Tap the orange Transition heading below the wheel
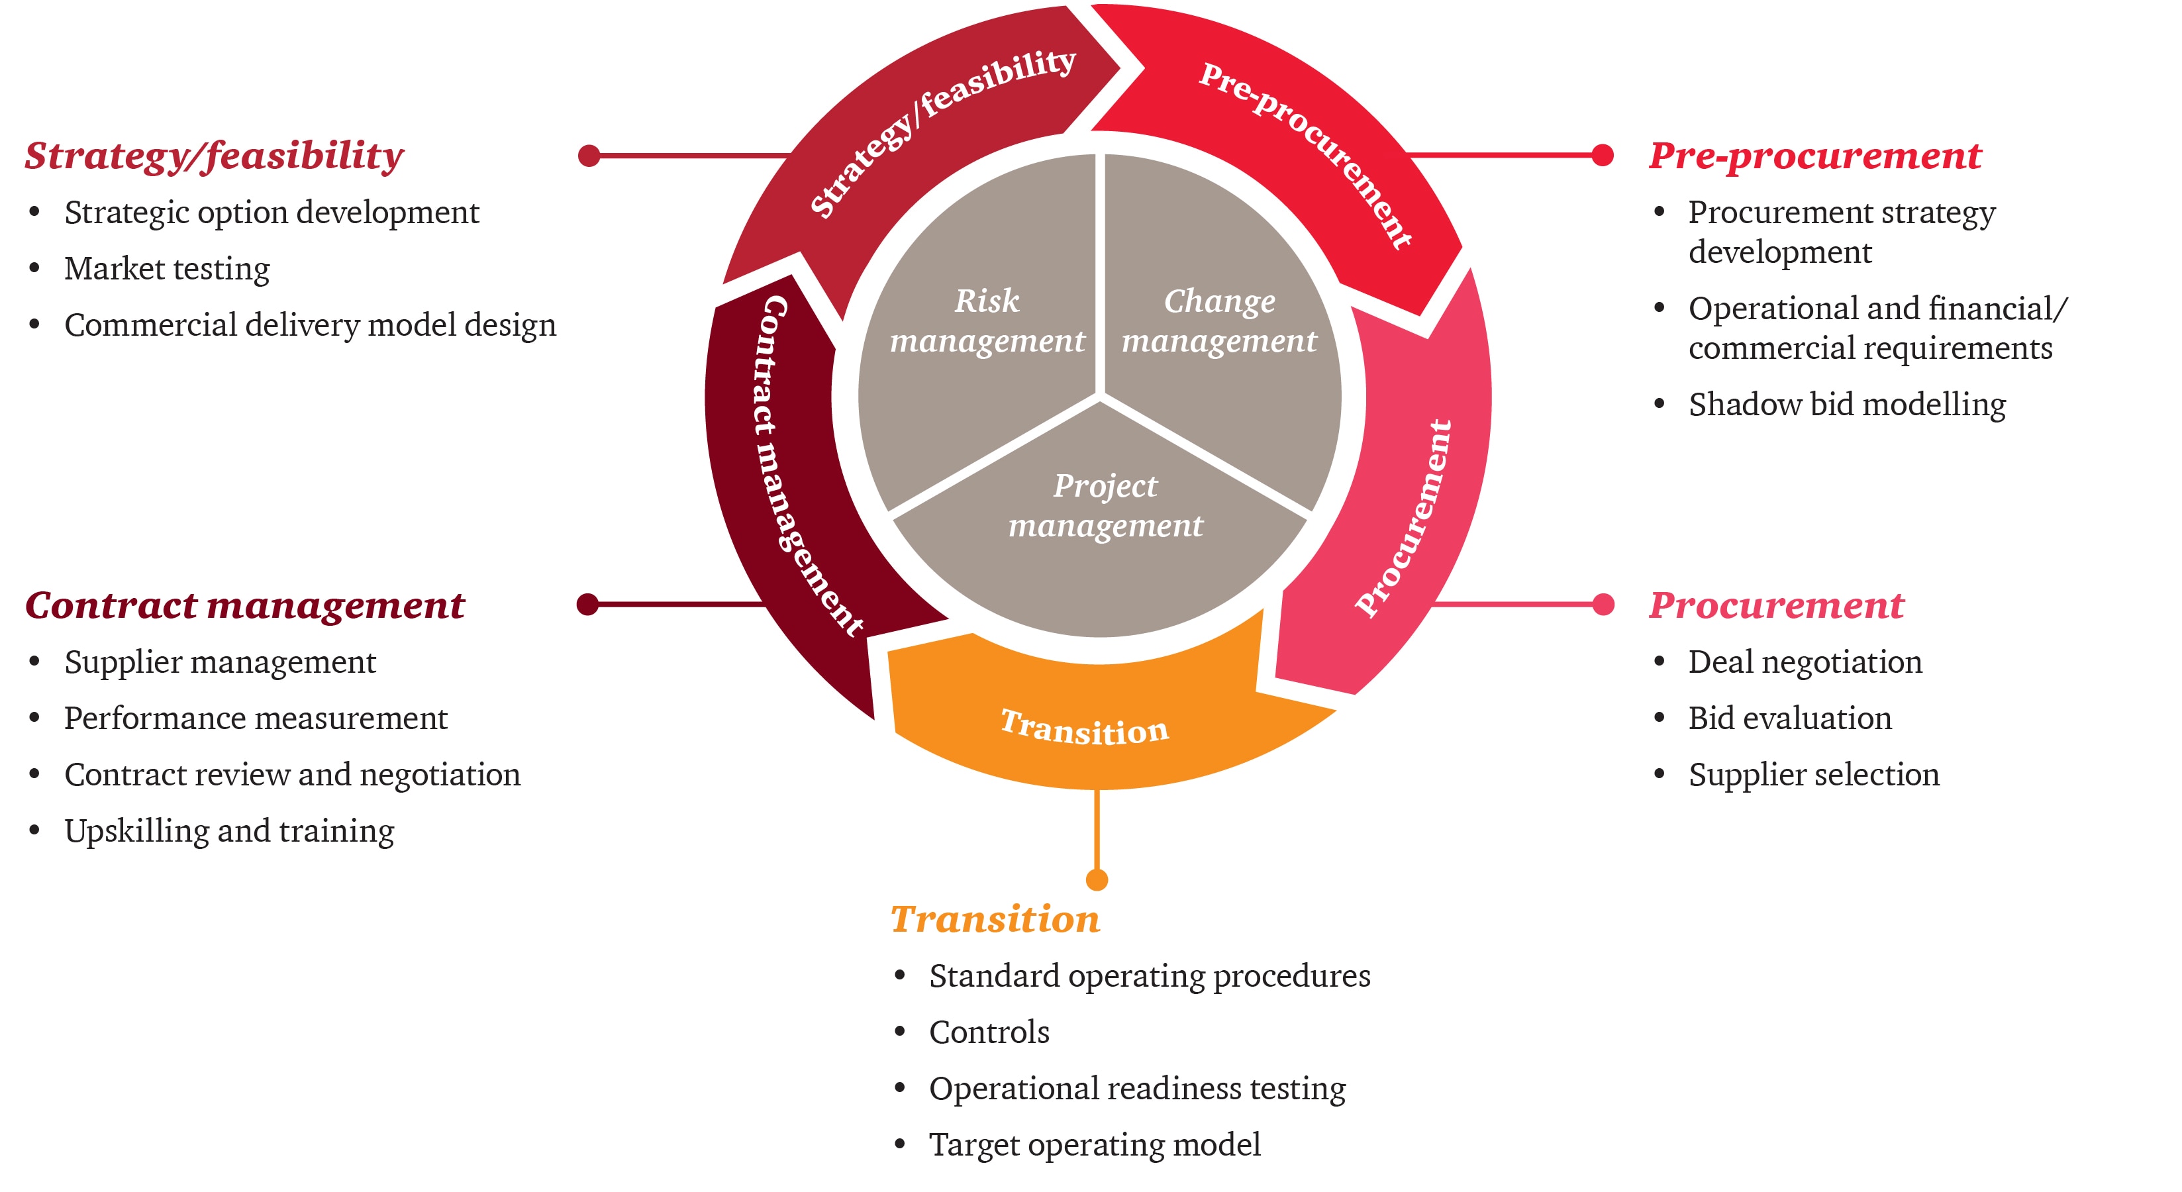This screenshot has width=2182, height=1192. coord(995,919)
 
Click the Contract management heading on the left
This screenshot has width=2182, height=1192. coord(245,606)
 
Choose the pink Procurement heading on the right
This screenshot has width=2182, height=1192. coord(1775,606)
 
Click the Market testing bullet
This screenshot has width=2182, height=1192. coord(167,269)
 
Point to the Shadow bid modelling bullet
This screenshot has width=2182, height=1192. coord(1846,404)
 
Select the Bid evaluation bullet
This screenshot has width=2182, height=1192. coord(1789,719)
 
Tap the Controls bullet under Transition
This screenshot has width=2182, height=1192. coord(989,1032)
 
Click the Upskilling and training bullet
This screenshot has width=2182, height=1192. coord(228,831)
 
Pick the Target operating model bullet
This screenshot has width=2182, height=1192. coord(1095,1144)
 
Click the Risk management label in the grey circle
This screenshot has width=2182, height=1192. coord(987,321)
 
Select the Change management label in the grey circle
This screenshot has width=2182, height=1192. coord(1219,321)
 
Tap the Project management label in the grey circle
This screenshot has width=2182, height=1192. coord(1105,506)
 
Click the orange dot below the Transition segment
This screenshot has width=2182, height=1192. coord(1097,879)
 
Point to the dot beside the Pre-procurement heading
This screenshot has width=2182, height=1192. coord(1602,155)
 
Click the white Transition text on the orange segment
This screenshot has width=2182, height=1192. coord(1084,728)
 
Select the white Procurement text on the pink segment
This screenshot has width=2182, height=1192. coord(1405,519)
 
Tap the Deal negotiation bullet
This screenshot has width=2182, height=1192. coord(1805,662)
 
